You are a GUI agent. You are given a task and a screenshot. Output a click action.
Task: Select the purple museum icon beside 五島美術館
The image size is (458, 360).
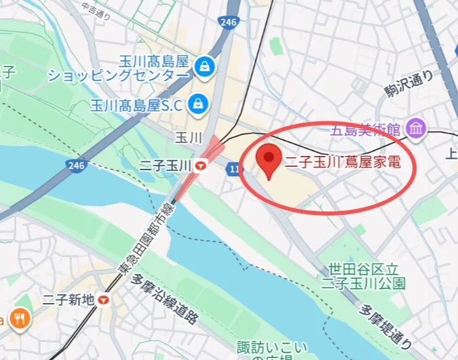pos(415,127)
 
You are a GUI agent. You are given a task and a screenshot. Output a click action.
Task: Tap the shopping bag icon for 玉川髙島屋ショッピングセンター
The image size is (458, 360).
pos(203,66)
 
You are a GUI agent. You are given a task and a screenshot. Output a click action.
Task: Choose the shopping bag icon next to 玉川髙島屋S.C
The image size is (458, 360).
pos(198,104)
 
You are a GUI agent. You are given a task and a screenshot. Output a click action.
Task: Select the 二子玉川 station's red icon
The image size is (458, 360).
pos(201,165)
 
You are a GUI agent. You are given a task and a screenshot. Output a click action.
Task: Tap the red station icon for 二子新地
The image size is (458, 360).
pos(104,298)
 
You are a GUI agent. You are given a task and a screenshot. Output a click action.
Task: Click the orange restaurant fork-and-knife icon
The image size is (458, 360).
pos(20,319)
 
